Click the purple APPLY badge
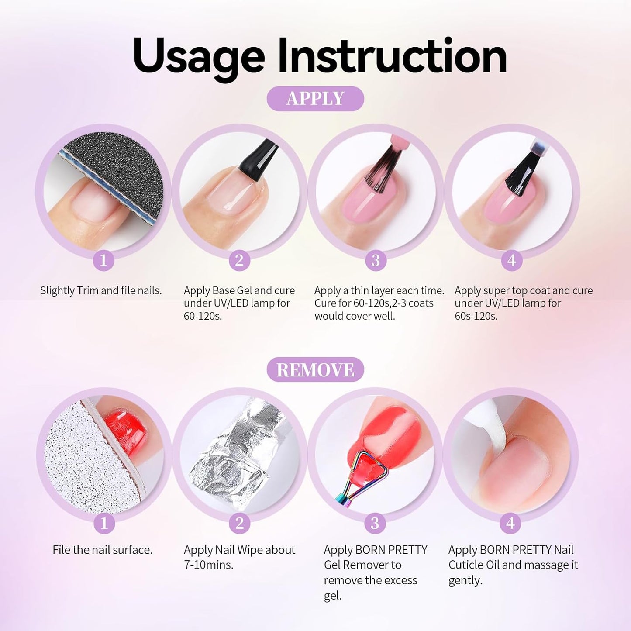[x=315, y=99]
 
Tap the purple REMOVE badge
[x=315, y=370]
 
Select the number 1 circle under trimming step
[x=103, y=261]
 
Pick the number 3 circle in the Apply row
[x=376, y=261]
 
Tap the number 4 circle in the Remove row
[x=510, y=523]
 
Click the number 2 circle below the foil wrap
[x=239, y=523]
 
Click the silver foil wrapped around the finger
[x=236, y=454]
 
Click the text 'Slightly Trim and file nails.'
[x=101, y=290]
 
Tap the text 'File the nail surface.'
[x=103, y=550]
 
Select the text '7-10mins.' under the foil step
[x=209, y=565]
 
